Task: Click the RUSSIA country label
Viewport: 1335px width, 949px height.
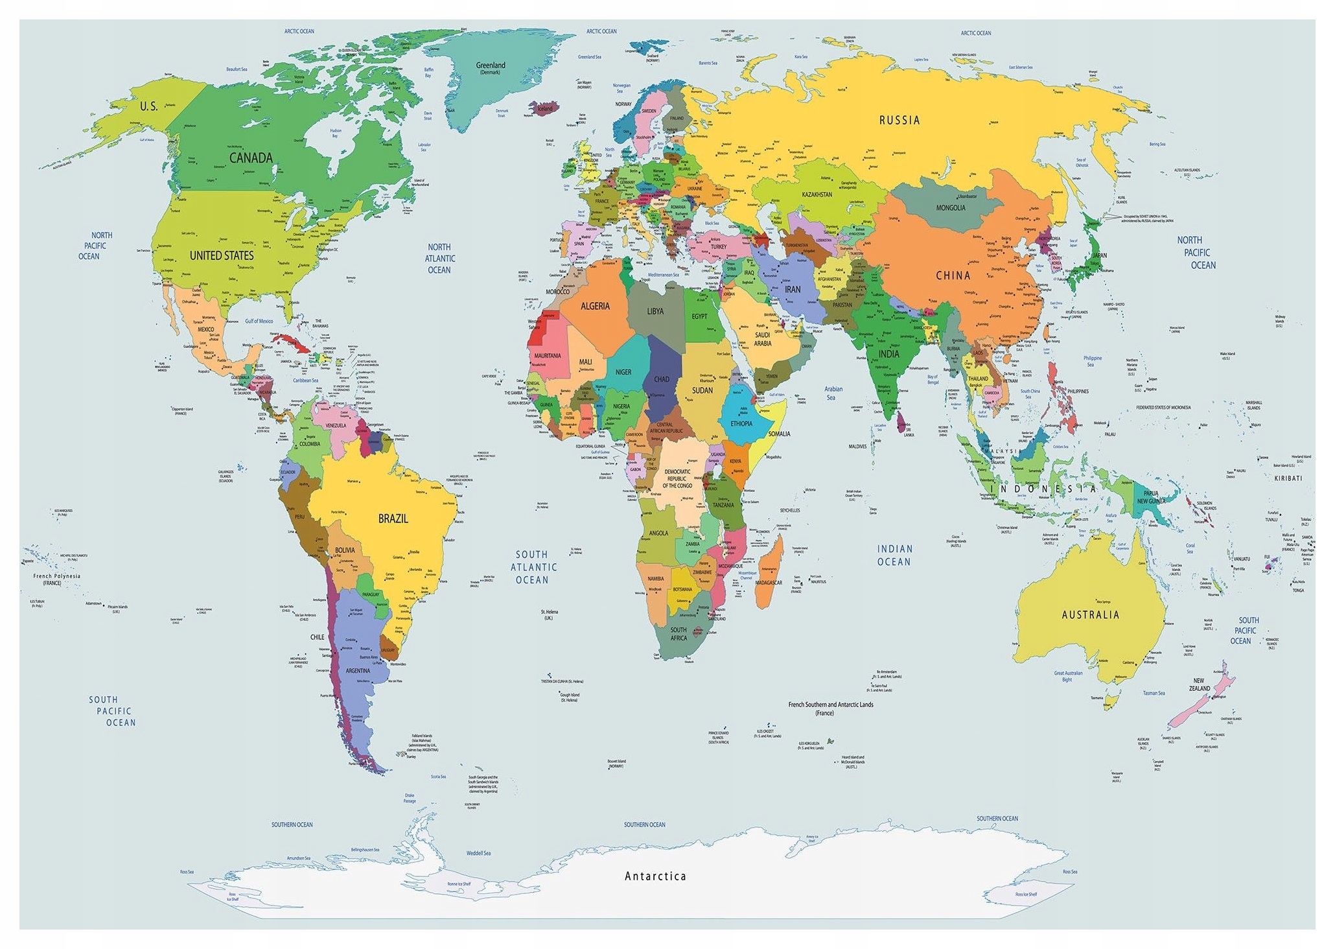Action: coord(899,120)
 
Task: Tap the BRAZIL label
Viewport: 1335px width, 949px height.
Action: coord(393,519)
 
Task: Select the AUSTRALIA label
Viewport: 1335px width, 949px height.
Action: coord(1090,615)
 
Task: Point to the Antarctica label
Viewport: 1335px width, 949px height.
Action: coord(655,876)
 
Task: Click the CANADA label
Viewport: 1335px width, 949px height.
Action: coord(251,158)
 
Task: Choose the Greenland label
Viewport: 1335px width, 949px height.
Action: coord(491,65)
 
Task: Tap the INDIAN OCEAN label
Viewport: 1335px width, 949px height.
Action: coord(894,556)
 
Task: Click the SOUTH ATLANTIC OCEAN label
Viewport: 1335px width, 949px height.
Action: coord(533,567)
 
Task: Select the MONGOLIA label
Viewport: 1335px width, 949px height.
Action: coord(951,208)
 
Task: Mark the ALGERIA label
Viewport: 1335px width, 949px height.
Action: coord(594,306)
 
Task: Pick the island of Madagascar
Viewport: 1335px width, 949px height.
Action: coord(770,570)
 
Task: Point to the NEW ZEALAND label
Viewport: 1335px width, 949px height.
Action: coord(1199,685)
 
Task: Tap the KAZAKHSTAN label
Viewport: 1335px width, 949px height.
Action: coord(817,194)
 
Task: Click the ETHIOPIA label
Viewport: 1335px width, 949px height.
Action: coord(741,423)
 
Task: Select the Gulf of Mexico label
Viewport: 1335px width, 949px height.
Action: coord(259,321)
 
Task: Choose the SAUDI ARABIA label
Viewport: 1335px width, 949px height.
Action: coord(763,339)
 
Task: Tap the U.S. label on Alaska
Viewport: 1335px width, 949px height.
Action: coord(148,106)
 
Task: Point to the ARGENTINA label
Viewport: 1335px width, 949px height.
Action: coord(358,671)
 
